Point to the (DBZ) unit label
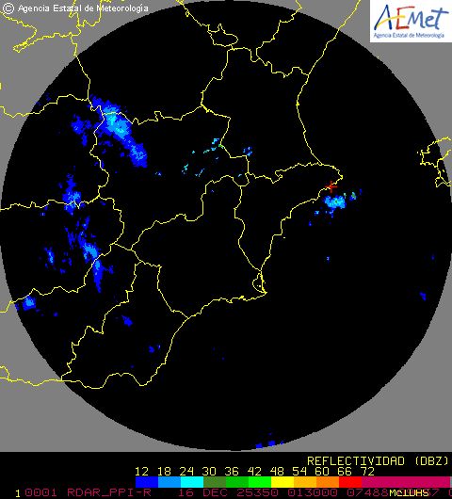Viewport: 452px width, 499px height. coord(427,461)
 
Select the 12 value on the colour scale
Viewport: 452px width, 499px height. coord(142,471)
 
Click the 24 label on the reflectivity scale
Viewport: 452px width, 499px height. coord(187,471)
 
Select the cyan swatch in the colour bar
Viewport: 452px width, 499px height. coord(191,482)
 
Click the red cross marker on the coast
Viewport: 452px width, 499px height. coord(331,188)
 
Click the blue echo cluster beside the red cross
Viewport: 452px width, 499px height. coord(335,201)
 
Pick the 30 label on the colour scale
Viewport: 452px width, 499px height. coord(210,471)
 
